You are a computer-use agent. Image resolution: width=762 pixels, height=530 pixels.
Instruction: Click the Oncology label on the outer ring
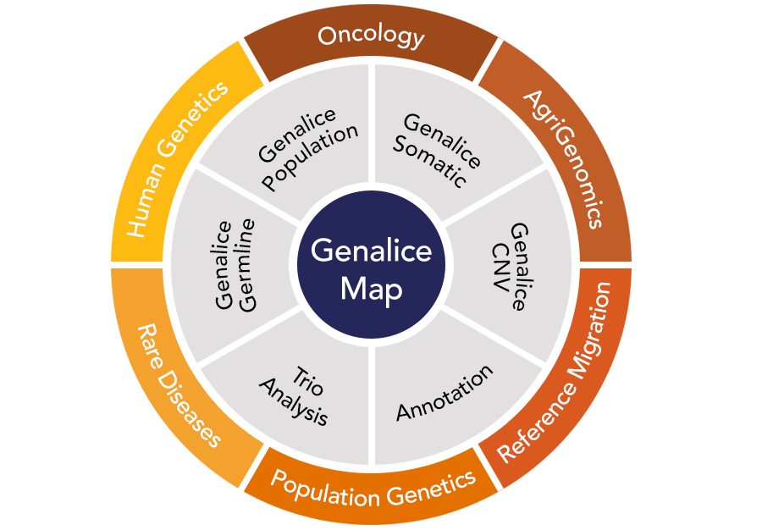click(371, 36)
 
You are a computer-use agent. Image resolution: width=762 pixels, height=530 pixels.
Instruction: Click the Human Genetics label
click(178, 158)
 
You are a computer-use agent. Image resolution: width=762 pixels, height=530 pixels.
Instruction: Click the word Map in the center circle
click(371, 289)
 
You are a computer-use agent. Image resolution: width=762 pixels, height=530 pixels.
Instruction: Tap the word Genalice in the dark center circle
click(371, 251)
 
